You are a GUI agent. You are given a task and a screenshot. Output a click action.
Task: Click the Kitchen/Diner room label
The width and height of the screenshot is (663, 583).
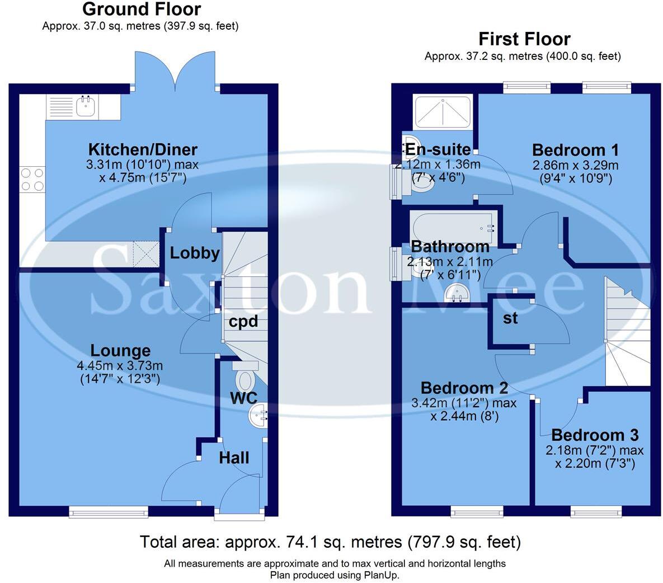click(x=143, y=150)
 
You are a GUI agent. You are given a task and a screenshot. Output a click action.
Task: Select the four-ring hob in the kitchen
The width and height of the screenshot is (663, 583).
click(x=32, y=180)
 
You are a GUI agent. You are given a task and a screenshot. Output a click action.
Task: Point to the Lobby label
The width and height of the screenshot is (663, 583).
click(x=195, y=253)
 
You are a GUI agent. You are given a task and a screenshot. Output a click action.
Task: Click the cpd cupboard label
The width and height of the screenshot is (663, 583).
click(x=243, y=322)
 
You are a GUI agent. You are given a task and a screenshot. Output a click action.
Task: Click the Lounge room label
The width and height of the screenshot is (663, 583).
click(x=121, y=351)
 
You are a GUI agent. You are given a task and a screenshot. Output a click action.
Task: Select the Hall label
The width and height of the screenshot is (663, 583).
click(x=234, y=458)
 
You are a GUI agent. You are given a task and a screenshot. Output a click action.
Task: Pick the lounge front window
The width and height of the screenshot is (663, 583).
click(x=109, y=510)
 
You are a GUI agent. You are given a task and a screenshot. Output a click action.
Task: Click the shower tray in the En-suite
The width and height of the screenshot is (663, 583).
click(x=442, y=111)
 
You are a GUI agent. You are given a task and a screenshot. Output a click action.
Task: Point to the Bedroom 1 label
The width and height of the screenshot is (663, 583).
click(x=575, y=150)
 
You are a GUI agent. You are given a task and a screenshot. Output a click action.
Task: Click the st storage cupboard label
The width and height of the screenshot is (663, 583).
click(x=510, y=318)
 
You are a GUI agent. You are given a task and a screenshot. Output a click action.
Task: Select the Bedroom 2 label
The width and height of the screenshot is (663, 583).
click(x=464, y=388)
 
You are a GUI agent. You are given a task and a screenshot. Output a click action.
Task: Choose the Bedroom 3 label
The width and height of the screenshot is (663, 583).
click(x=595, y=435)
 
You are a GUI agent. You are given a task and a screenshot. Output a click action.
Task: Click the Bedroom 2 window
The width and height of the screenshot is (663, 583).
click(x=477, y=511)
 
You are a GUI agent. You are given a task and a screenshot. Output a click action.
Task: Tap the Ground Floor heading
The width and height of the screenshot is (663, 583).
click(x=142, y=10)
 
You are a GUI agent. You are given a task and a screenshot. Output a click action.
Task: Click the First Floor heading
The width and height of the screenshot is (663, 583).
click(x=524, y=39)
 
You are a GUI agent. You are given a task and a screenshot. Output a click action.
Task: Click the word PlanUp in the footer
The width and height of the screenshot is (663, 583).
click(x=382, y=575)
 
